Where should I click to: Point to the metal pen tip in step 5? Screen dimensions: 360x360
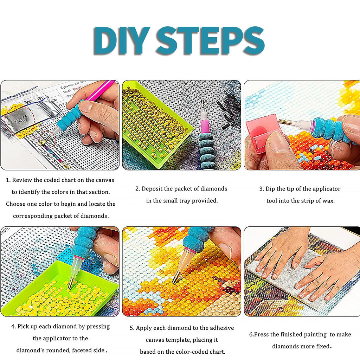pyautogui.click(x=175, y=279)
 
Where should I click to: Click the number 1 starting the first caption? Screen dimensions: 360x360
pyautogui.click(x=8, y=180)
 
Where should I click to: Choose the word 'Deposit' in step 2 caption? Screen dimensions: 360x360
pyautogui.click(x=153, y=189)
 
